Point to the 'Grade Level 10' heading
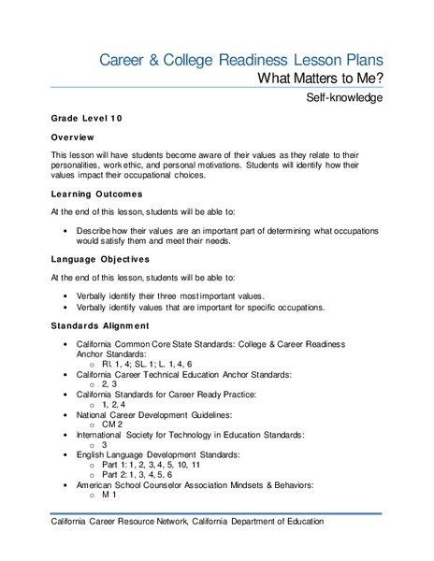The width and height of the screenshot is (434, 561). point(87,121)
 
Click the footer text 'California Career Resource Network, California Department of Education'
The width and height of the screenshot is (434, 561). point(187,522)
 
